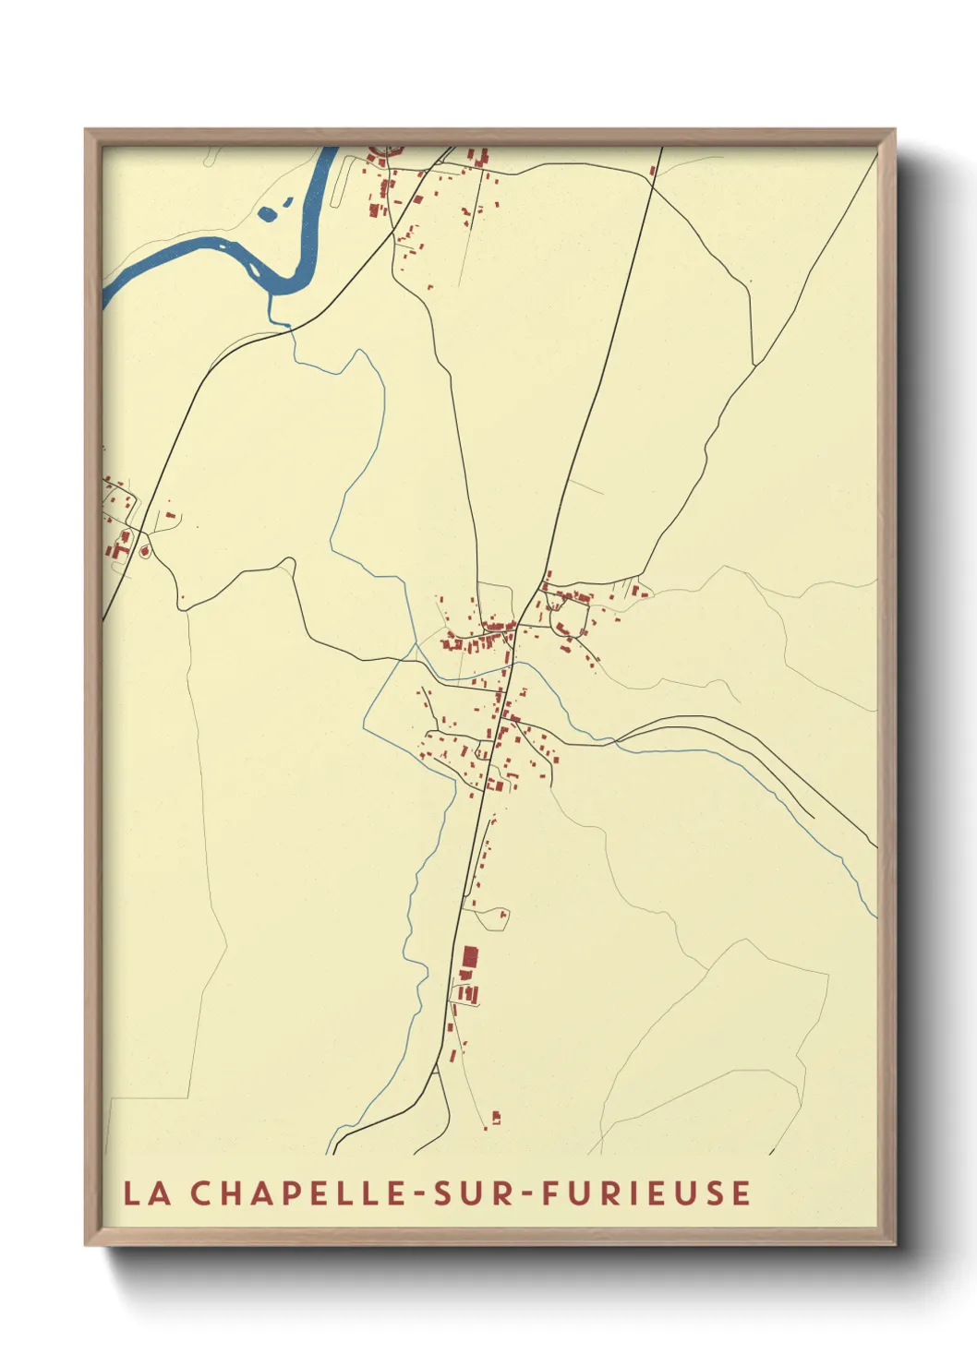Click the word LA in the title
click(x=147, y=1192)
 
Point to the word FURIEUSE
click(x=645, y=1192)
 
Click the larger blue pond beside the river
click(x=268, y=214)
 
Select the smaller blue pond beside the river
click(x=287, y=201)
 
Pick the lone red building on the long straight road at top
click(x=653, y=170)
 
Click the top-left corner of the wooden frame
click(x=86, y=130)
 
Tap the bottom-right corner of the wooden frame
click(x=895, y=1244)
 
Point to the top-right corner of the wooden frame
click(x=895, y=130)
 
